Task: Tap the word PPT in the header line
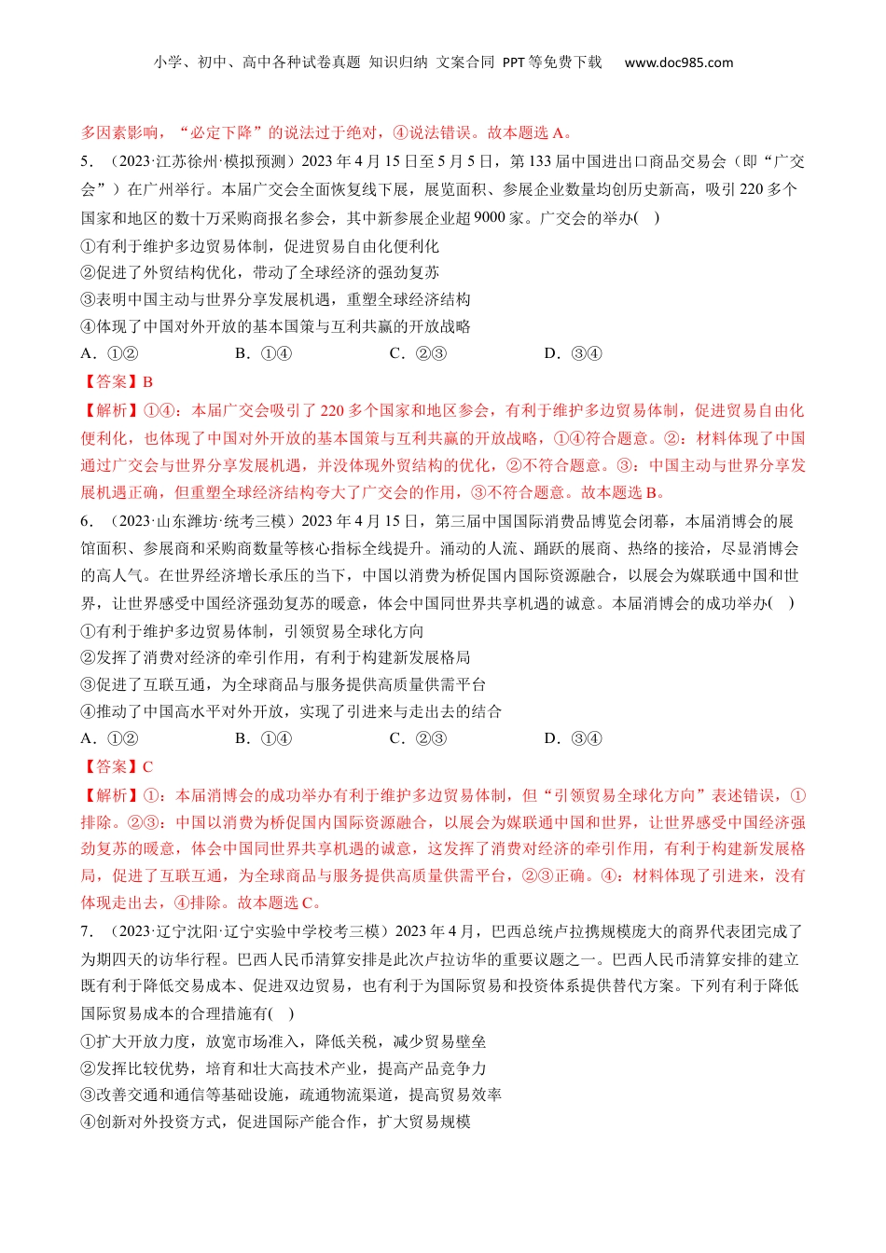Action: pos(514,62)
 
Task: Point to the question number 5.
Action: pos(85,161)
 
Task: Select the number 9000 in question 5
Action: pos(490,218)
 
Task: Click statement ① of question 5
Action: pos(259,246)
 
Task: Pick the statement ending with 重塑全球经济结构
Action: pos(275,299)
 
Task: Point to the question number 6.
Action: pos(85,521)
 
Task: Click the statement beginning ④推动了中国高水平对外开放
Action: pos(291,711)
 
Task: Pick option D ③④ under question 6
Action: pos(573,738)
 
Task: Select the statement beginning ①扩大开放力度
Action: pos(283,1041)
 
